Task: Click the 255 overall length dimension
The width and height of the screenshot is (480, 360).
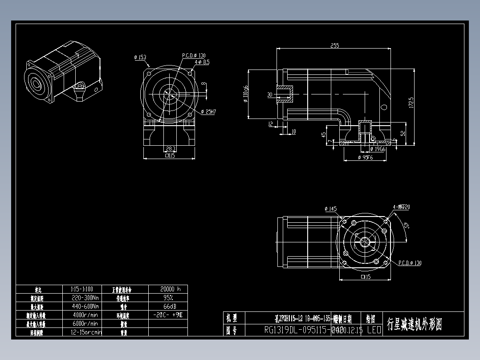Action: pos(334,45)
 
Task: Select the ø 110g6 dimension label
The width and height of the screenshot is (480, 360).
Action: pos(245,94)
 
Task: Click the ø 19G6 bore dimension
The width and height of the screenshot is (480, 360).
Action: pos(378,149)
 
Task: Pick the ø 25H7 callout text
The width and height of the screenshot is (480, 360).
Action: pos(208,112)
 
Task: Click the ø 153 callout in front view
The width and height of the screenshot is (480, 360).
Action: pos(140,57)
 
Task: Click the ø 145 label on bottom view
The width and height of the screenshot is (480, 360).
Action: pos(331,209)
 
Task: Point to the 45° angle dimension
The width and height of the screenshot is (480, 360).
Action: pos(406,226)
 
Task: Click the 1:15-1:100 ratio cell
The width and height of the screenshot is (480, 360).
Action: pos(82,289)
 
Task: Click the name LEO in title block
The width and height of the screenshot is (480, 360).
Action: pos(374,330)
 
